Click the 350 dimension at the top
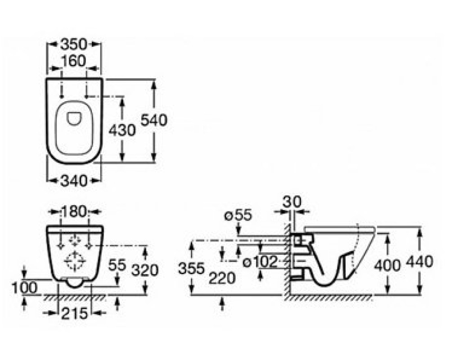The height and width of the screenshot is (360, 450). coord(73,44)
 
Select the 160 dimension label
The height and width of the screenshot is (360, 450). coord(73,61)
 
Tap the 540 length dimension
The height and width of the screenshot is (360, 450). coord(154,120)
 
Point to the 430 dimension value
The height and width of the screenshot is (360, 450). coord(122,130)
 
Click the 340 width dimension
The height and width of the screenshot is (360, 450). coord(73,181)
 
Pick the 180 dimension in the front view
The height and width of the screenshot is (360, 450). coord(74,211)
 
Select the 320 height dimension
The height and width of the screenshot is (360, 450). coord(145,270)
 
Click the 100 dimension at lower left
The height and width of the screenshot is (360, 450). coord(24,288)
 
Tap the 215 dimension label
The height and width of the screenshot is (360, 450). coord(74,313)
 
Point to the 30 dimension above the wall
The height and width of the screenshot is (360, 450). coord(292,202)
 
